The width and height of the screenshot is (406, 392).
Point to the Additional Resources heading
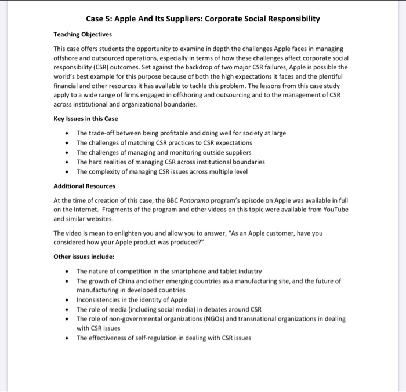coord(84,186)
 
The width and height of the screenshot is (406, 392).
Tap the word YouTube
coord(332,210)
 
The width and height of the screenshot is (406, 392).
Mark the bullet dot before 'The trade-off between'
coord(68,133)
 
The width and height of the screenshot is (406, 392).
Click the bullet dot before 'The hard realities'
coord(68,162)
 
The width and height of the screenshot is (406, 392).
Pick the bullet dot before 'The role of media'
coord(68,309)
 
